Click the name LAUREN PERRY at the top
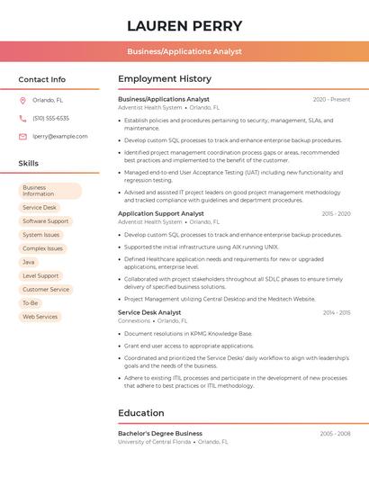(x=184, y=25)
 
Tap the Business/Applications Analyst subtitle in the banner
(x=184, y=51)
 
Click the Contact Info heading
(x=42, y=79)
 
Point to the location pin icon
(x=22, y=101)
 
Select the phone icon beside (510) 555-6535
(x=22, y=119)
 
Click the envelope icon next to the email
(x=22, y=137)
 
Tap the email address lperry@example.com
(x=60, y=137)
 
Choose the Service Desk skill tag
(x=40, y=207)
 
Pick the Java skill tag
(x=29, y=262)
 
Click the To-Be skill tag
(x=31, y=303)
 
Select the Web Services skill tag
(x=40, y=317)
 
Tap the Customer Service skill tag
(x=46, y=290)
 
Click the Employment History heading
(x=165, y=79)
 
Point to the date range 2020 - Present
(x=331, y=99)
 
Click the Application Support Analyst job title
(x=161, y=213)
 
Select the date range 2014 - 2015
(x=337, y=312)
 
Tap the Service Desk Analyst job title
(x=149, y=312)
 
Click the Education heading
(x=141, y=413)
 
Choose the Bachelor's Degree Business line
(x=160, y=433)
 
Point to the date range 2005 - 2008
(x=335, y=433)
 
